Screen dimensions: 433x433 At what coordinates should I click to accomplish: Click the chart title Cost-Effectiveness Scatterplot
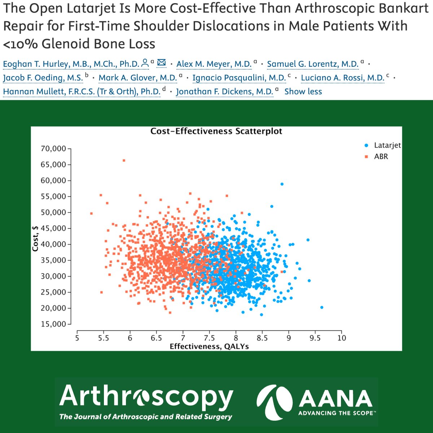216,131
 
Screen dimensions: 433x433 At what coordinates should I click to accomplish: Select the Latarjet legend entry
383,145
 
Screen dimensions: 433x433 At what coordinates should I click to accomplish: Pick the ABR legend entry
377,157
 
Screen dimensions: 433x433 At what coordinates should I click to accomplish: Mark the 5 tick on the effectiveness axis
77,338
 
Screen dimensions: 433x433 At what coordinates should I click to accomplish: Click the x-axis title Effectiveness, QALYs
209,346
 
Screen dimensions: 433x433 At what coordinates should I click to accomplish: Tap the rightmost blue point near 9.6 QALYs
322,307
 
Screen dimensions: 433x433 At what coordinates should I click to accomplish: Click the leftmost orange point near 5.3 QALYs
91,213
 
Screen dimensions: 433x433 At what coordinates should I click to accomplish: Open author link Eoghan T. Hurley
71,64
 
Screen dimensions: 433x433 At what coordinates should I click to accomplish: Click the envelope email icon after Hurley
161,63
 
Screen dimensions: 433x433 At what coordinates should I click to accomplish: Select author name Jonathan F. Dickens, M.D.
224,92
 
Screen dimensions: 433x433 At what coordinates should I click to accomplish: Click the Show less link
303,92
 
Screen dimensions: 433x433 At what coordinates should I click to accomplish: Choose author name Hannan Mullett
82,92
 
